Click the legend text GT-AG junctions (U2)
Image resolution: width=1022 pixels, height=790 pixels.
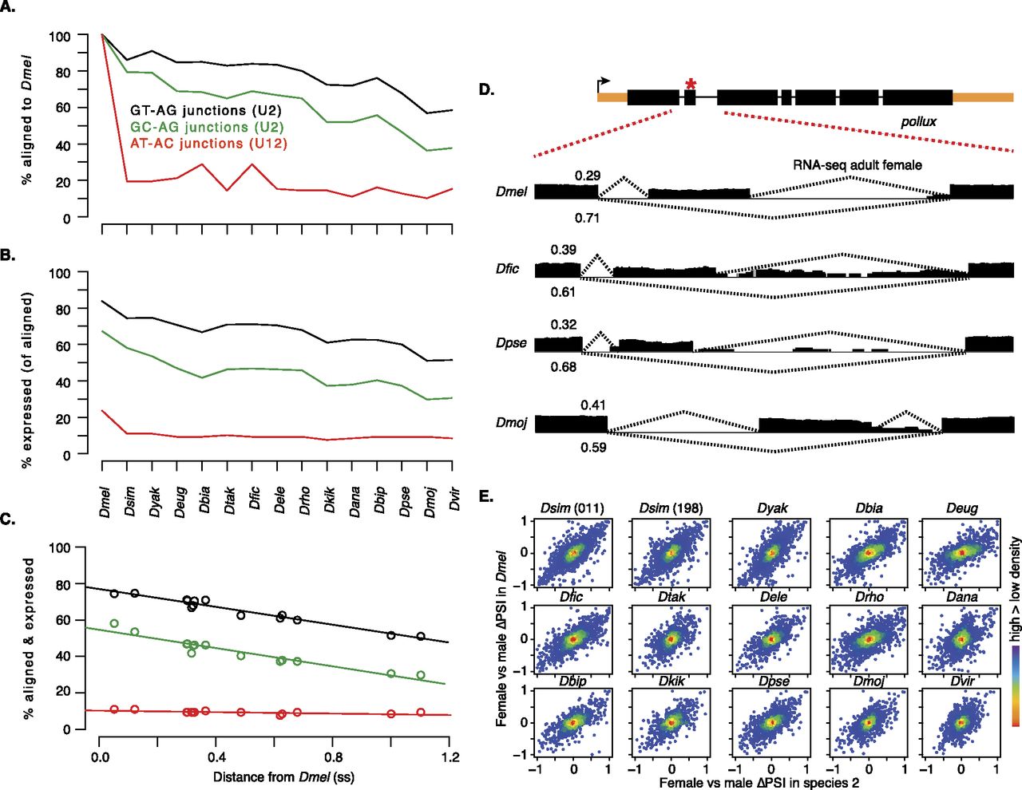[x=205, y=110]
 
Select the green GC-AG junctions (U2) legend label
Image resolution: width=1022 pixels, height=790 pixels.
[x=206, y=127]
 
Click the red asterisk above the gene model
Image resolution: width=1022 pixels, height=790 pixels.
[x=691, y=84]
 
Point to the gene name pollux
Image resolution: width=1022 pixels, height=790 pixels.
[x=918, y=122]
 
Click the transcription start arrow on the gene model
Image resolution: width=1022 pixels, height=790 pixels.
[x=604, y=82]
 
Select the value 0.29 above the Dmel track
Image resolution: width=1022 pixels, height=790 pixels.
[x=587, y=176]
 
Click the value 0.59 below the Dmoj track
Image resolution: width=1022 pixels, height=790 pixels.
[x=593, y=448]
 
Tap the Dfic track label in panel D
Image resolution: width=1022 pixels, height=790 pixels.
[x=507, y=269]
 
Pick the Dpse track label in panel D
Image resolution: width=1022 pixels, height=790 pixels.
[x=511, y=343]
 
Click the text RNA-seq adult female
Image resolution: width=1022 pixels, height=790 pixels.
[x=857, y=165]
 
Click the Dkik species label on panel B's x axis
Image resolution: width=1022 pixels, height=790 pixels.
[x=329, y=500]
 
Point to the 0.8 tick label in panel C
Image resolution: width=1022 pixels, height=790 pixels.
[x=334, y=756]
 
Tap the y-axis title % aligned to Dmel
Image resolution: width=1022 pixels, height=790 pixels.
[x=27, y=120]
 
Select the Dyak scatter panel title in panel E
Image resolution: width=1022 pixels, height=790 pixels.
[x=772, y=508]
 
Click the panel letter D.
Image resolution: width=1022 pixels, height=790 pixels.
[x=486, y=89]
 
